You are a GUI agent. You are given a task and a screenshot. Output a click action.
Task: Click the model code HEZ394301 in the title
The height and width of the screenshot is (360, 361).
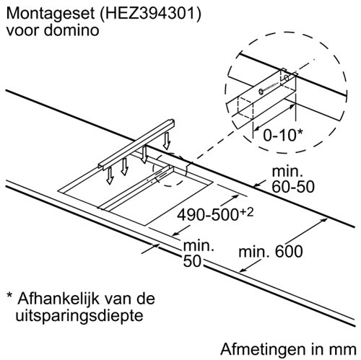coord(149,14)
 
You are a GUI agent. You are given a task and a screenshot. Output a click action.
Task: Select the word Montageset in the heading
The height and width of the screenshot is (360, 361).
coord(51,14)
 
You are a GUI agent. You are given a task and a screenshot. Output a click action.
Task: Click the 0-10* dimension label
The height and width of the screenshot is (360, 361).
coord(282,135)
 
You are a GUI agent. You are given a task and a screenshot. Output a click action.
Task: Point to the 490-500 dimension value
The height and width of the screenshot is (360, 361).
coord(207,215)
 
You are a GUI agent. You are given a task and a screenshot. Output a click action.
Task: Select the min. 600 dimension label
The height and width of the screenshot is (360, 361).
coord(271,252)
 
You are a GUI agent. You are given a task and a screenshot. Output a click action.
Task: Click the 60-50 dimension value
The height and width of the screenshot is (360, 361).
coord(293,186)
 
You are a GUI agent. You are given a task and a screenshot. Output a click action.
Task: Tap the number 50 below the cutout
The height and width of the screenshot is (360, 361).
coord(192,260)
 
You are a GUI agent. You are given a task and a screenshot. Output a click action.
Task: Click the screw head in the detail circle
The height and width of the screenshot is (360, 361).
coord(261,91)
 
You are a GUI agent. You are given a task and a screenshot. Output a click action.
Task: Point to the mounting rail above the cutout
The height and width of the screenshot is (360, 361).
coord(136,144)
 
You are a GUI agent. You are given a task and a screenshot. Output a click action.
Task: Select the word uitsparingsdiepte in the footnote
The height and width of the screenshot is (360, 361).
coord(79,315)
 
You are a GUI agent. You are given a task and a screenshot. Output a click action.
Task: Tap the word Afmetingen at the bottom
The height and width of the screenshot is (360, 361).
coord(262,349)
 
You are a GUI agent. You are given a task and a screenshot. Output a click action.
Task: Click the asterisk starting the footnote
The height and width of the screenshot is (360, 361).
coord(9,295)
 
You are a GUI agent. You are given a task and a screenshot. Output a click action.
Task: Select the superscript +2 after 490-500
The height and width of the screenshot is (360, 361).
coord(246,213)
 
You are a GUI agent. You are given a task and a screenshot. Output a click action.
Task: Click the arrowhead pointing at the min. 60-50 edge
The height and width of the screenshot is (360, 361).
coord(256,185)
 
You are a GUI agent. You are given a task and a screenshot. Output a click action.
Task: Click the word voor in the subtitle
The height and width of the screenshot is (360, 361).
coord(22,31)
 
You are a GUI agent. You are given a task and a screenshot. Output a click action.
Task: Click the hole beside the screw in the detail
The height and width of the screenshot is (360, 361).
coord(287,77)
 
